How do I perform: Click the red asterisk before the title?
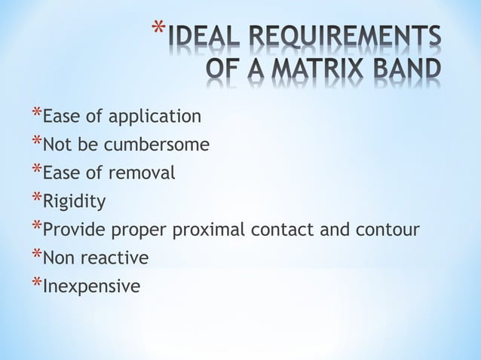click(157, 32)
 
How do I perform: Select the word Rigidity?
click(75, 202)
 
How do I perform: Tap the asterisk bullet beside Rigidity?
click(36, 199)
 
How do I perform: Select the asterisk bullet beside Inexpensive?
click(36, 284)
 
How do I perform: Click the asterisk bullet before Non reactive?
click(36, 255)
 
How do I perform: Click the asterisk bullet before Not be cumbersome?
click(36, 142)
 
